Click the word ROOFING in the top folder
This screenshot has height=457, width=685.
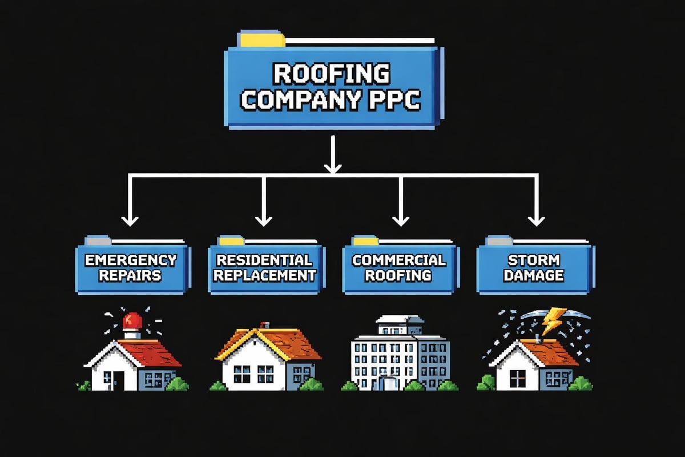click(331, 75)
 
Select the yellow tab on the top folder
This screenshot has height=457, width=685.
click(263, 40)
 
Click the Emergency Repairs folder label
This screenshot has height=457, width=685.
click(130, 268)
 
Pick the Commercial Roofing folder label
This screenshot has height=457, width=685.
click(398, 268)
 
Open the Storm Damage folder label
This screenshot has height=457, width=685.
click(535, 268)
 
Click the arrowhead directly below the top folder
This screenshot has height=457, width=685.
click(332, 167)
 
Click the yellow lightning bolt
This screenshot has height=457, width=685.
click(553, 321)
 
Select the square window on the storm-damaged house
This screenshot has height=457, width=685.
click(518, 377)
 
